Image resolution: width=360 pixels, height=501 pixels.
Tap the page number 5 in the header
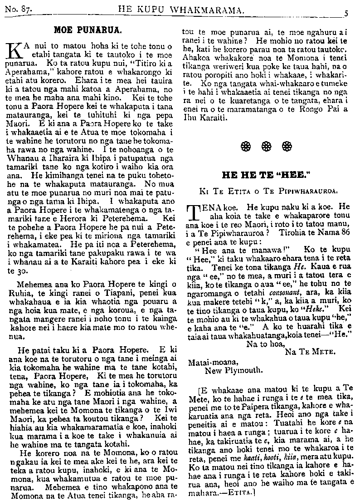pos(345,13)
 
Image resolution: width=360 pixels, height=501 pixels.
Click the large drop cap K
pos(15,50)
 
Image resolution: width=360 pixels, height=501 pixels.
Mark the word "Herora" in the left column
pos(92,216)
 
